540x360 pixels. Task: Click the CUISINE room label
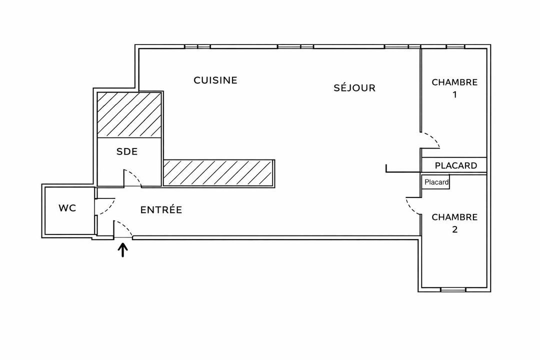click(x=215, y=80)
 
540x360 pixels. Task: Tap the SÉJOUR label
click(x=354, y=88)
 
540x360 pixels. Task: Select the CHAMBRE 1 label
click(x=454, y=88)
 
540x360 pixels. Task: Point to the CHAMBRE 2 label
click(x=454, y=223)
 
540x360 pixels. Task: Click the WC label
click(x=67, y=208)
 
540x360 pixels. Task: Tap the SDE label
click(x=127, y=152)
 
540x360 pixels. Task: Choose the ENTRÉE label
click(x=161, y=210)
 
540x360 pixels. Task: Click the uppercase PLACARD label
click(x=456, y=165)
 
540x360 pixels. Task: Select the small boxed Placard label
click(x=436, y=182)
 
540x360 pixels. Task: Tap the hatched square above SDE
click(x=129, y=114)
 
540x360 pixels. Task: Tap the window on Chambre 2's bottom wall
click(x=454, y=289)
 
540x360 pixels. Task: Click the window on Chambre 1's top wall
click(x=455, y=47)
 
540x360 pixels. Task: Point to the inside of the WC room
click(x=67, y=220)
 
